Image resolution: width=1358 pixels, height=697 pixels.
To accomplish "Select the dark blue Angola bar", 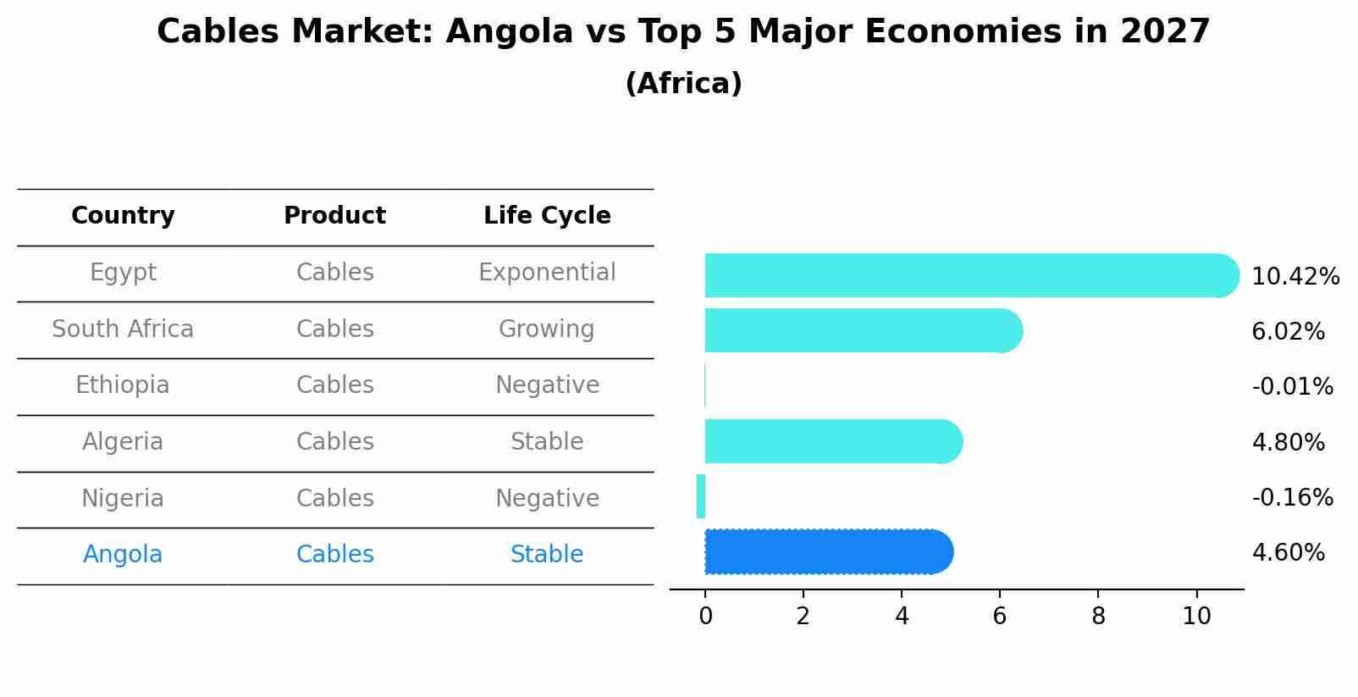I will [x=828, y=552].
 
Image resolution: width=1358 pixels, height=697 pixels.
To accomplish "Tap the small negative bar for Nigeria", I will [x=701, y=496].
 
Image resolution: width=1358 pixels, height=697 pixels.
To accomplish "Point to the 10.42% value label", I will [x=1295, y=277].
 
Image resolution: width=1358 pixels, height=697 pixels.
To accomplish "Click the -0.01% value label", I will [x=1292, y=387].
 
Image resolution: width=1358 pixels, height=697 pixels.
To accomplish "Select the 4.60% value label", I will [x=1288, y=553].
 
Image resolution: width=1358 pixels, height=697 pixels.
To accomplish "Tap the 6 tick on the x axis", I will [x=1000, y=617].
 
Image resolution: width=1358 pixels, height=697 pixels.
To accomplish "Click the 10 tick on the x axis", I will [x=1196, y=617].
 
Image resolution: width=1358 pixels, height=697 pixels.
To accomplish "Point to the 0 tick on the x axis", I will [x=705, y=617].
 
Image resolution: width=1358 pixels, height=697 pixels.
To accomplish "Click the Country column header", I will [x=123, y=216].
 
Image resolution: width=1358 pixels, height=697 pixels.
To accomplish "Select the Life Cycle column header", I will [x=547, y=216].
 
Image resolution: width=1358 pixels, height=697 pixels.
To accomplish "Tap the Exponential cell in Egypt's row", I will [x=547, y=273].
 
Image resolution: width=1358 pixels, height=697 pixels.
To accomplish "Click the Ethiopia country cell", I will [x=123, y=385].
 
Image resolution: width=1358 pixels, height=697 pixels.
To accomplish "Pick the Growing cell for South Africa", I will [x=547, y=329].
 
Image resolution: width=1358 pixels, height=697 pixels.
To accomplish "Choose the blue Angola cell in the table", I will [x=123, y=555].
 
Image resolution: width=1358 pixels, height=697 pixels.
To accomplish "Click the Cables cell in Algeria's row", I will [x=334, y=442].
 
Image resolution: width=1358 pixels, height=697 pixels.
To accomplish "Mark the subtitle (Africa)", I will [x=683, y=84].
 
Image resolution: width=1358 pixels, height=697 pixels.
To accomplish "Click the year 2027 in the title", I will [x=1165, y=32].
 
